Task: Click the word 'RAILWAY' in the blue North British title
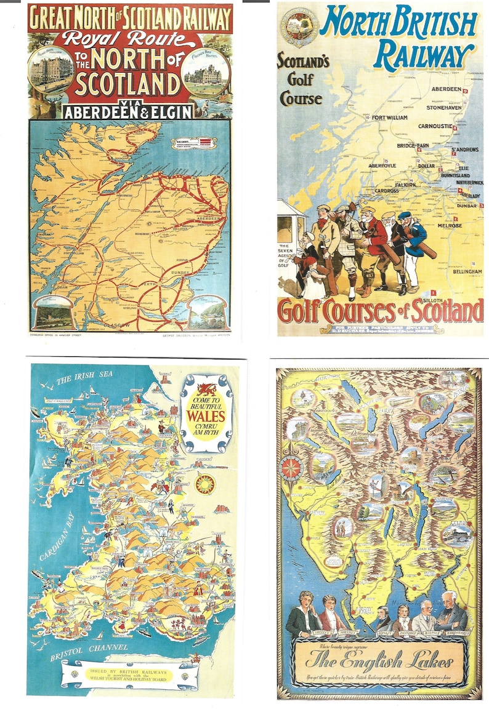click(x=424, y=55)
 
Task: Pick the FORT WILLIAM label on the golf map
click(x=389, y=118)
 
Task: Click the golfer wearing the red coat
click(x=374, y=237)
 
